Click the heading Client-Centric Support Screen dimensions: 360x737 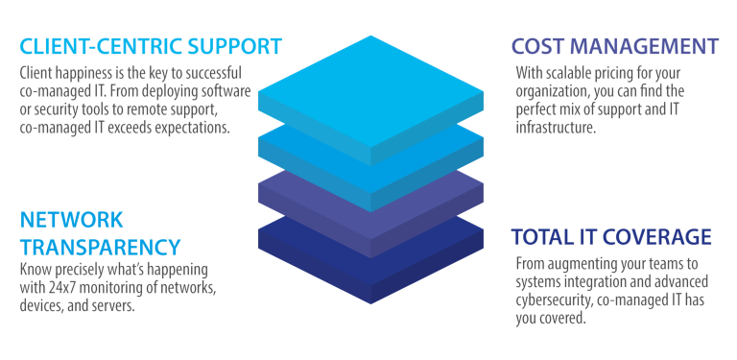pyautogui.click(x=152, y=46)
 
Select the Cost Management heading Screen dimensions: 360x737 pyautogui.click(x=614, y=46)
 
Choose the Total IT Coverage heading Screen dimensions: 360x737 pyautogui.click(x=610, y=236)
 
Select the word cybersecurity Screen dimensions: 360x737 pyautogui.click(x=555, y=300)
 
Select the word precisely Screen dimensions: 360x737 pyautogui.click(x=82, y=273)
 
